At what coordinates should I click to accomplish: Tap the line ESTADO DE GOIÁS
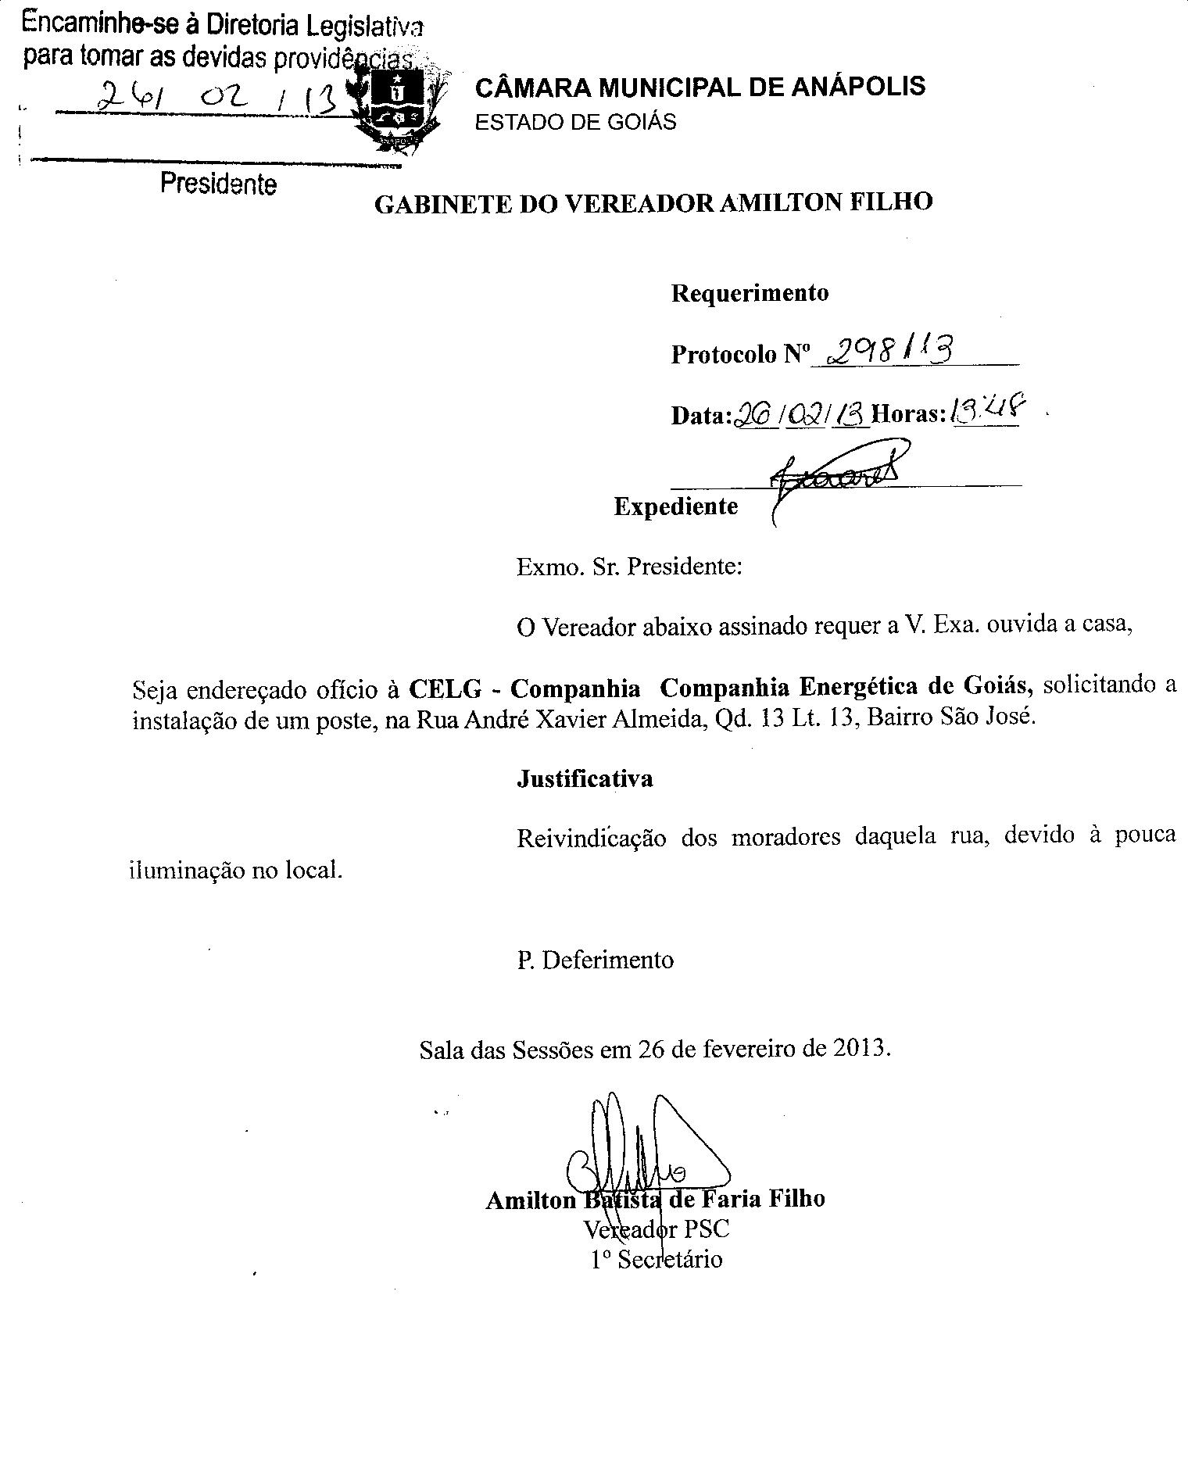[576, 122]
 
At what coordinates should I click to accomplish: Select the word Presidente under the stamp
[218, 184]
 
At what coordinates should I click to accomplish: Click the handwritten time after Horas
[987, 408]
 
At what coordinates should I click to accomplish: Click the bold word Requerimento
[750, 293]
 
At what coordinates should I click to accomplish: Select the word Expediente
[675, 506]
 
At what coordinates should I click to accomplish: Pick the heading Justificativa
[585, 779]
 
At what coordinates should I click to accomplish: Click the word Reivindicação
[591, 839]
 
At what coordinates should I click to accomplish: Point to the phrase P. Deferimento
[595, 960]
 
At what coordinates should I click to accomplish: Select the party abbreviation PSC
[707, 1229]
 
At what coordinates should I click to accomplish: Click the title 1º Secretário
[657, 1260]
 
